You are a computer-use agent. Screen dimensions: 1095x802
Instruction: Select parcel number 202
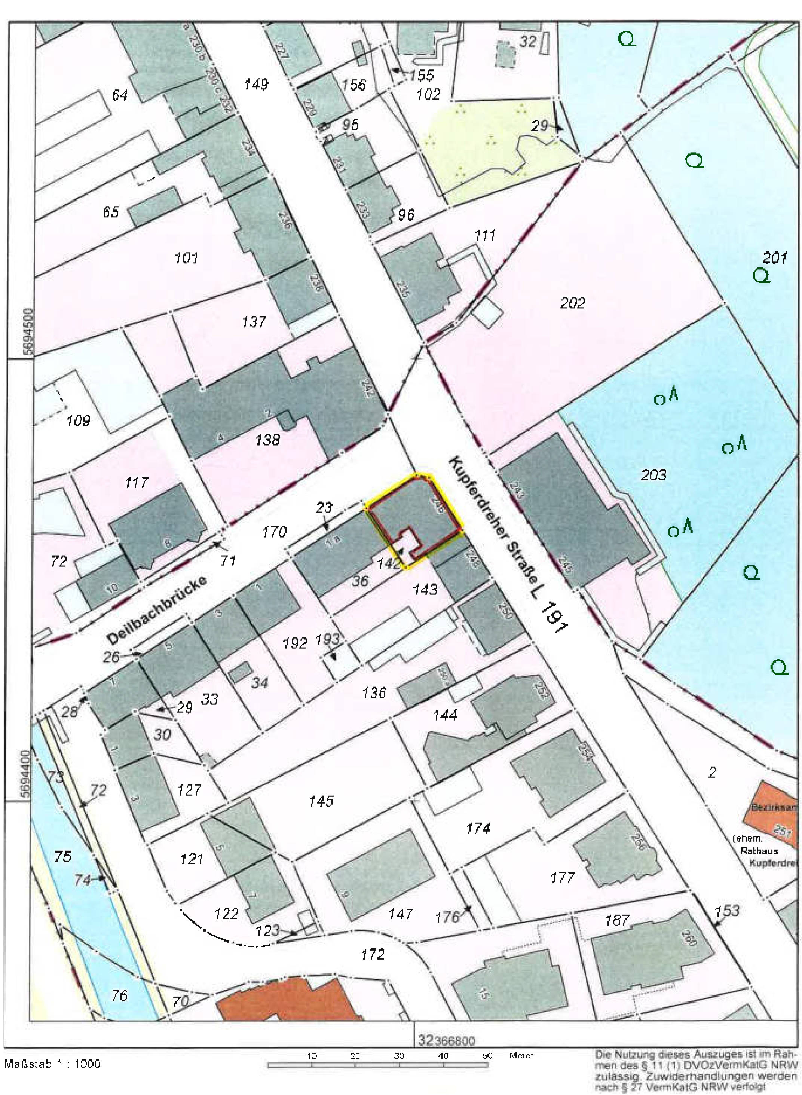click(572, 303)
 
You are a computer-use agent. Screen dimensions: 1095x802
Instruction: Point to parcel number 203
click(653, 474)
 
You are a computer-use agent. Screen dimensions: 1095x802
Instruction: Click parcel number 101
click(186, 257)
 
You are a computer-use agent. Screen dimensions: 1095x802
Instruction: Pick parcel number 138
click(267, 440)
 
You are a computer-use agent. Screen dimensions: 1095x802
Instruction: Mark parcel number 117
click(137, 482)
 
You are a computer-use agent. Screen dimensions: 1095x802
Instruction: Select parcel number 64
click(119, 95)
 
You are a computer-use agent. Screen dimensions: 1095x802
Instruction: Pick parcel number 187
click(617, 920)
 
